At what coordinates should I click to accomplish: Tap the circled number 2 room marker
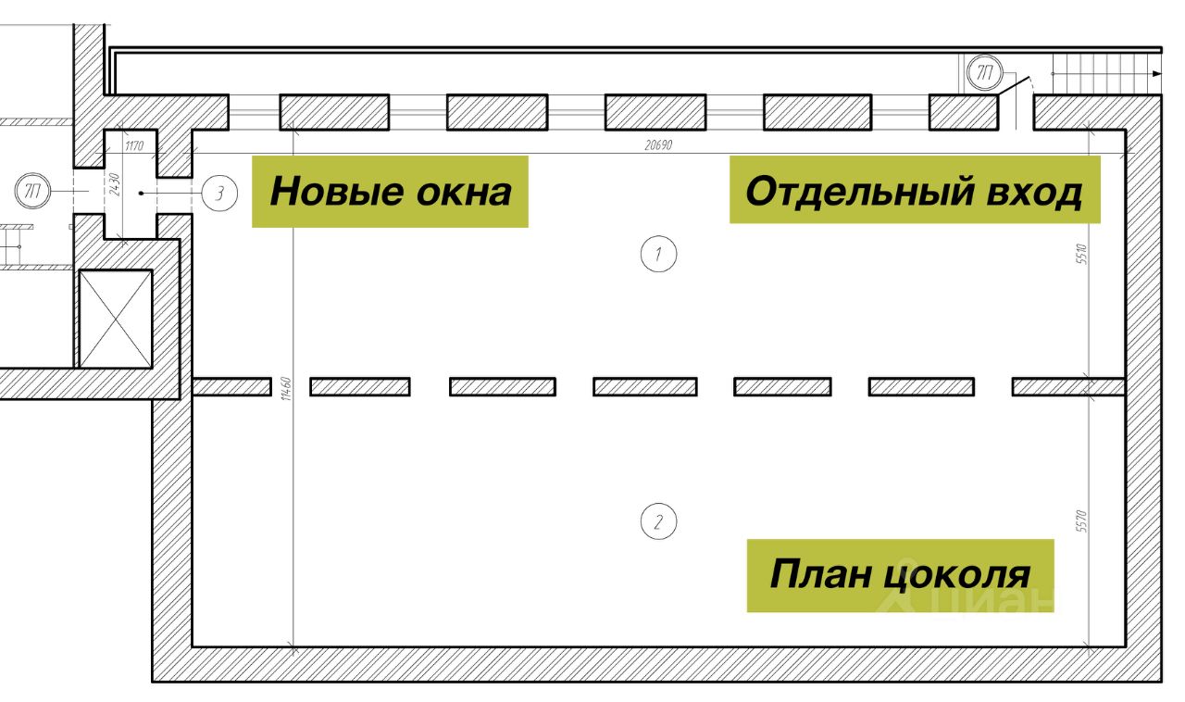[658, 521]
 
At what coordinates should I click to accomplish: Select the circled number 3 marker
[219, 194]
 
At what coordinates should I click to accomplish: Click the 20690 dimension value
[659, 145]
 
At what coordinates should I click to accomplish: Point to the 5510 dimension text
[1080, 254]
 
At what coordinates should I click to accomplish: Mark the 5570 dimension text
[1080, 522]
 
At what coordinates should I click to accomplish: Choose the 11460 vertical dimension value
[288, 389]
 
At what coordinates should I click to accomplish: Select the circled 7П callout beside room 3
[33, 193]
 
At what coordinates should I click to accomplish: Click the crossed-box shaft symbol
[115, 319]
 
